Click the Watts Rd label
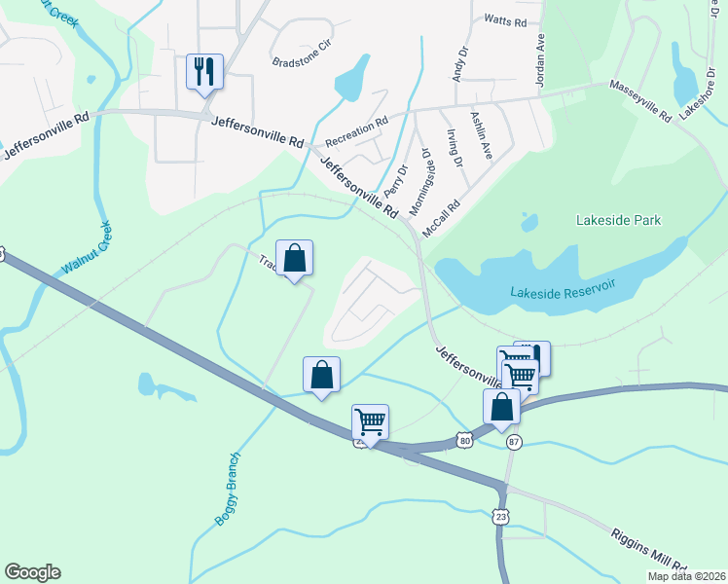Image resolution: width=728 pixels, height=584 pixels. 505,20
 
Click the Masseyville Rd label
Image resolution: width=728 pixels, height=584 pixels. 641,100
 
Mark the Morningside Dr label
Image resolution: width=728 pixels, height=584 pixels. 419,182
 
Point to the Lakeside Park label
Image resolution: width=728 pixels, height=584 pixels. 618,220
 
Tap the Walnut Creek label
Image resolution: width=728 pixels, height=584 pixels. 87,250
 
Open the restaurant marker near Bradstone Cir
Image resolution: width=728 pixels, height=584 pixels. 204,71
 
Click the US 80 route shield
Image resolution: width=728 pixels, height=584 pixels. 465,441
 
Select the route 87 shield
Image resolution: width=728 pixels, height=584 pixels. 514,442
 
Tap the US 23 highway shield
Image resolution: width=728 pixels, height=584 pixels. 499,515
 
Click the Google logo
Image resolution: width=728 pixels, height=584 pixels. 32,572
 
